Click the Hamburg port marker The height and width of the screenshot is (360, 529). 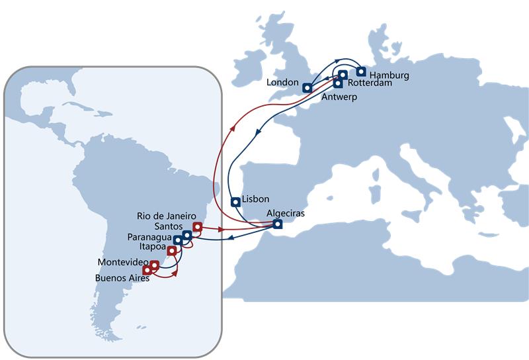coord(361,71)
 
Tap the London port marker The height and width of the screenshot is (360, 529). coord(307,87)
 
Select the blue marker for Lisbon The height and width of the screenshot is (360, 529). coord(235,202)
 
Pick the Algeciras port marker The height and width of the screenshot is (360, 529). coord(278,224)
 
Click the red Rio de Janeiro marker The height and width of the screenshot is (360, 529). coord(197,226)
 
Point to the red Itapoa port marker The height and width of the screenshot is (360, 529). coord(172,250)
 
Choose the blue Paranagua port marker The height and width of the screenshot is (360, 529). coord(178,240)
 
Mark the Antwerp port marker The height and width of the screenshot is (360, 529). coord(338,83)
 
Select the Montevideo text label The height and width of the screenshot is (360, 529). coord(122,261)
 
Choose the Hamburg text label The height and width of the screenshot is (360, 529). coord(389,75)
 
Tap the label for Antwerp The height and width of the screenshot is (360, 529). coord(339,97)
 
